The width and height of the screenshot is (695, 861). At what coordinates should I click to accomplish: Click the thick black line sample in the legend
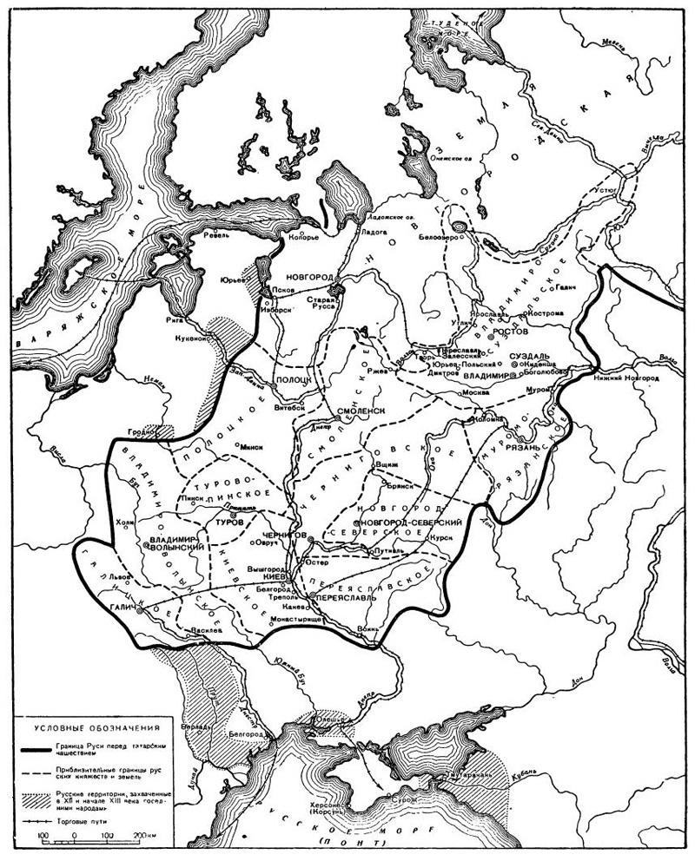click(x=46, y=749)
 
